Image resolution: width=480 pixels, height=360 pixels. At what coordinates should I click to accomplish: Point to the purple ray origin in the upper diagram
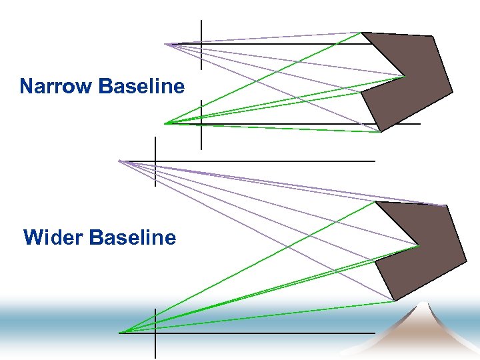(165, 44)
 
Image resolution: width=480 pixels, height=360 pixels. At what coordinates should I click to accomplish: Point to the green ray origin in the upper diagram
(165, 123)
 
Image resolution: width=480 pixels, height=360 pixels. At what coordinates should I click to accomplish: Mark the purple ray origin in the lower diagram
(119, 161)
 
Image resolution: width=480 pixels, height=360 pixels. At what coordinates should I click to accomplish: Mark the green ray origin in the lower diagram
(119, 332)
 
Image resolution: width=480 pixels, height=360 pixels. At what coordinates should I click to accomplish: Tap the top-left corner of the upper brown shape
(362, 32)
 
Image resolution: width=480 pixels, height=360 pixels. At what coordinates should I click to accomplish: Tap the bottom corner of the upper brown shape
(380, 132)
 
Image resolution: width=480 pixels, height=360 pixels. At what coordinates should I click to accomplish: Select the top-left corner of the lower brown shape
(376, 201)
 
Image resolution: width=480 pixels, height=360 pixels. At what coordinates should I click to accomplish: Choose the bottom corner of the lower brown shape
(395, 301)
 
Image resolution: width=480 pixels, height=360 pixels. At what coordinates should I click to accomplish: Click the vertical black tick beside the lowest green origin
(155, 333)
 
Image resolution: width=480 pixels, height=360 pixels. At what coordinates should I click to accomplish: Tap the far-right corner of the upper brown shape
(453, 91)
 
